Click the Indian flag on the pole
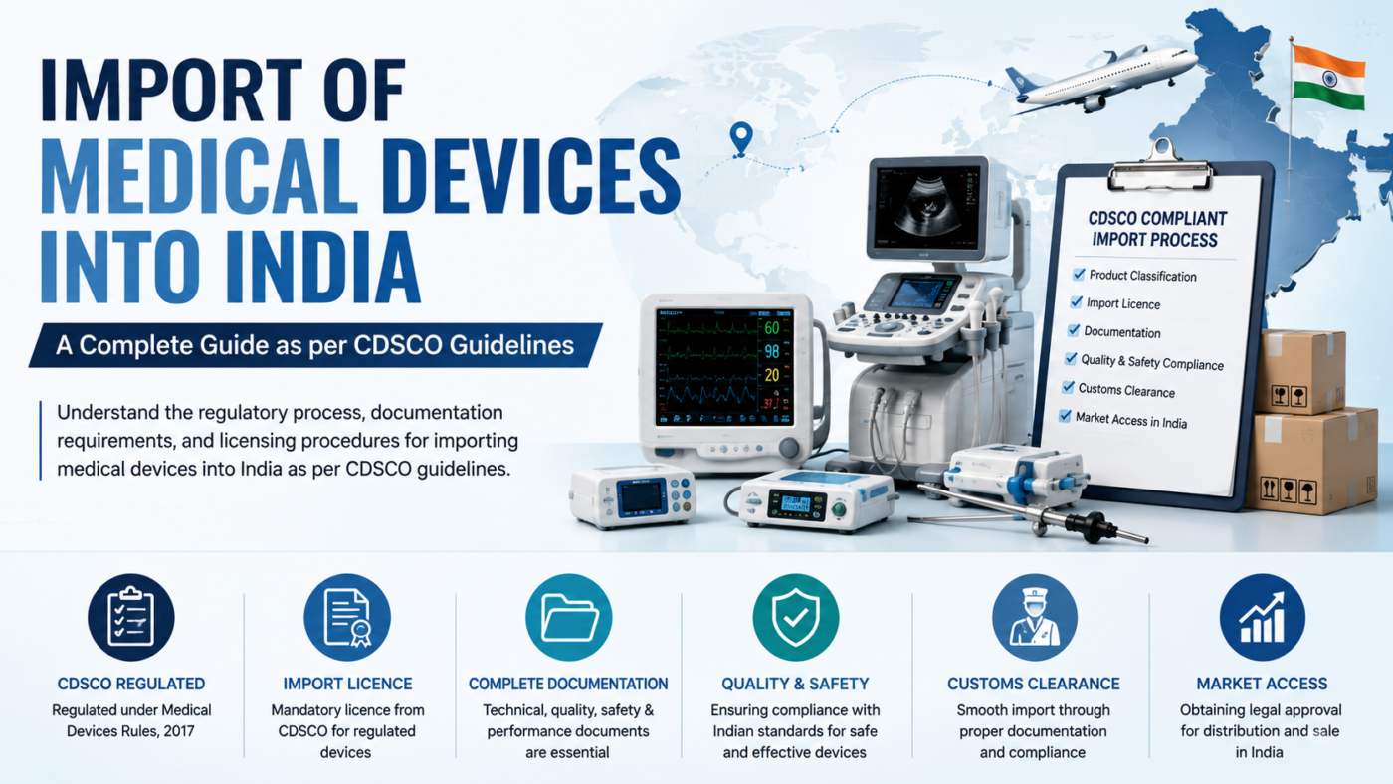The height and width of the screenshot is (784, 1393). click(1328, 79)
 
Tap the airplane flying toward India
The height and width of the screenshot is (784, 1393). click(1099, 79)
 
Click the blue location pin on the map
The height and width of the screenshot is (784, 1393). click(740, 139)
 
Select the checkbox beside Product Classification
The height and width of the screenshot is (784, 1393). click(1079, 274)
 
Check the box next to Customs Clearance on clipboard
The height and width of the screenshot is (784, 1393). click(1068, 387)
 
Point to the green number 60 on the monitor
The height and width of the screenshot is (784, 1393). click(772, 327)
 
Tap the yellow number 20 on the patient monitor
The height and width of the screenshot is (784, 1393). click(772, 375)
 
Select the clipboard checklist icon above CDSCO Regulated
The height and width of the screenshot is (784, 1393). click(130, 617)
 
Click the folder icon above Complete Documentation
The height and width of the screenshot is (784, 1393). click(568, 617)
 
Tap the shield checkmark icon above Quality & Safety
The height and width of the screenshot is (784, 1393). click(795, 617)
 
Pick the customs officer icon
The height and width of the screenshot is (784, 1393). click(1034, 617)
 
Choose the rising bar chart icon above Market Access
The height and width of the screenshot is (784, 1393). click(1262, 617)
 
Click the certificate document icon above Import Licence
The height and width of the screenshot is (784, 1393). click(347, 617)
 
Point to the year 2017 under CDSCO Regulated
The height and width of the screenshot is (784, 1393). click(178, 731)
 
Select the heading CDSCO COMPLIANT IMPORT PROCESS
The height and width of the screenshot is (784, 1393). click(1156, 229)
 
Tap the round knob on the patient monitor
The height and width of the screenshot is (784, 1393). click(788, 447)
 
